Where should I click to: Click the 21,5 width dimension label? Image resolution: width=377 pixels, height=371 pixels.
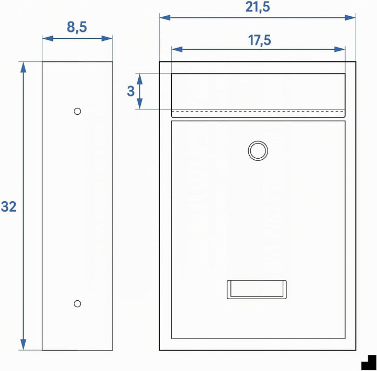pyautogui.click(x=258, y=7)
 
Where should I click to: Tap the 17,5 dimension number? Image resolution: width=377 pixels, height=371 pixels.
pyautogui.click(x=259, y=40)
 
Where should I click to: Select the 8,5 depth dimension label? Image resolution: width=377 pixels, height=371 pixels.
pyautogui.click(x=76, y=27)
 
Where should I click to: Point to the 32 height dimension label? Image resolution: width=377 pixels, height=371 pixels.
pyautogui.click(x=9, y=206)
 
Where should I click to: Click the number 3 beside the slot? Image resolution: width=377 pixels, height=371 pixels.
pyautogui.click(x=130, y=91)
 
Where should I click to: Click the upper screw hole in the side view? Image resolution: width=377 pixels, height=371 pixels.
pyautogui.click(x=77, y=112)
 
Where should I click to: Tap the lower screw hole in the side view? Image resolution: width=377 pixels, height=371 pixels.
pyautogui.click(x=77, y=303)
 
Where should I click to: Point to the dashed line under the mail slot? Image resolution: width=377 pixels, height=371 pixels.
pyautogui.click(x=258, y=112)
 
